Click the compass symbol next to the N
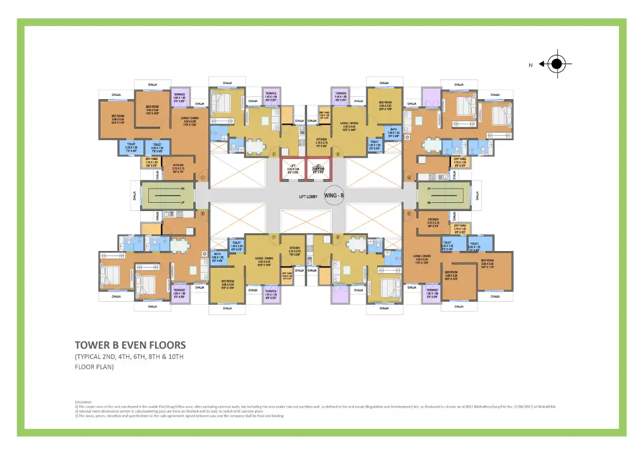tap(557, 64)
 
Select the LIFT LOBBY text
tap(309, 196)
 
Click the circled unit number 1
tap(202, 178)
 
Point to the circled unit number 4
tap(409, 178)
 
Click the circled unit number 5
tap(409, 213)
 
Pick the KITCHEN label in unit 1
tap(178, 167)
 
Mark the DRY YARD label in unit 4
tap(460, 162)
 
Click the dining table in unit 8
tap(178, 246)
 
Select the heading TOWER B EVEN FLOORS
tap(130, 345)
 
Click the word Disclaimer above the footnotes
tap(84, 402)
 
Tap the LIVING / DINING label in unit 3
tap(350, 124)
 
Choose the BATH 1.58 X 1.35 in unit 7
tap(218, 257)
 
